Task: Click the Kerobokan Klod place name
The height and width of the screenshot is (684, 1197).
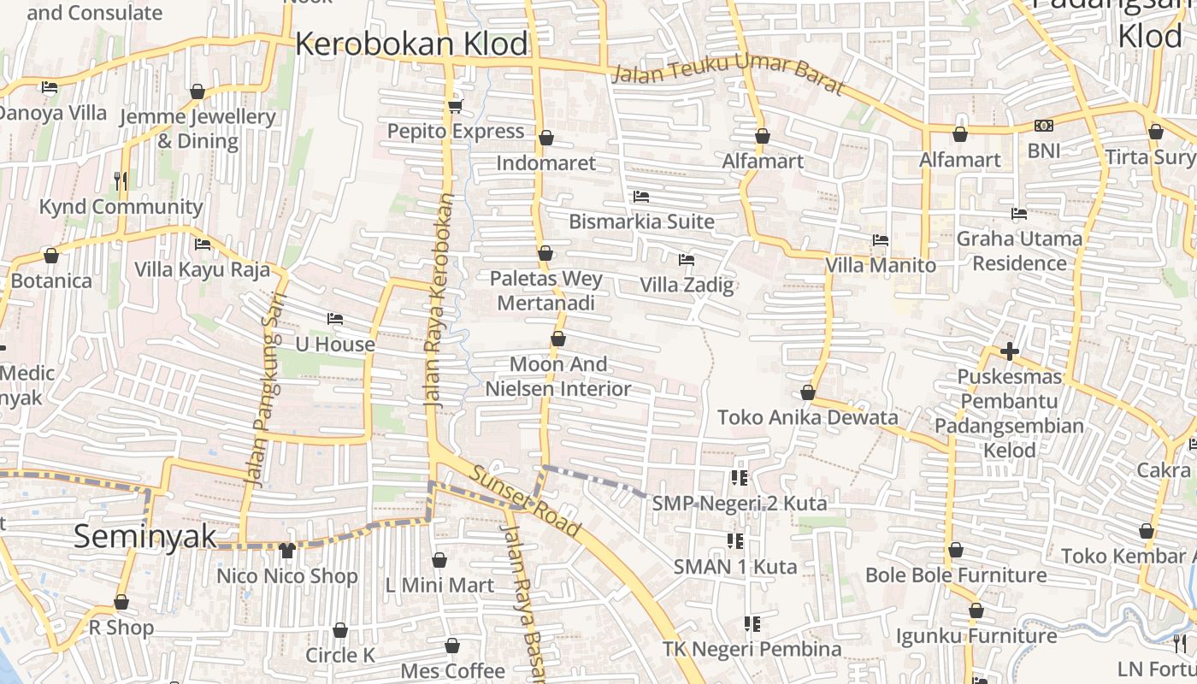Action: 412,44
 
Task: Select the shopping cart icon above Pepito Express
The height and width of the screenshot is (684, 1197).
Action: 455,106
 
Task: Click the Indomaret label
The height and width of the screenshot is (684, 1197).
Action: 545,162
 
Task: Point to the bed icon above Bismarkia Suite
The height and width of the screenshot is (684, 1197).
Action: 641,197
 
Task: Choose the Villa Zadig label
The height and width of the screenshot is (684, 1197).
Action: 687,285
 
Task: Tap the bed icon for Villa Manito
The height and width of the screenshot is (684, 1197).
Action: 881,240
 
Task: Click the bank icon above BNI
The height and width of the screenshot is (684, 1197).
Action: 1043,126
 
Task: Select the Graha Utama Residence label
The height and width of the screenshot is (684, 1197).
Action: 1019,251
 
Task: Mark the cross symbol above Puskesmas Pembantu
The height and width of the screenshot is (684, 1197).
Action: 1010,351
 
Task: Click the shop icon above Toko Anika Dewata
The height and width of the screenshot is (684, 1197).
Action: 807,392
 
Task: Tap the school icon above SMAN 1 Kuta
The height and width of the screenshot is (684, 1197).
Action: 734,540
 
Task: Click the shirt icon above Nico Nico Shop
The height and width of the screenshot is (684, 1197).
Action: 286,550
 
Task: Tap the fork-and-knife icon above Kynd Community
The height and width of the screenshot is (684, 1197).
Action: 121,180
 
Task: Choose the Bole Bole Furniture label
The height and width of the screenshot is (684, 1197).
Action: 956,575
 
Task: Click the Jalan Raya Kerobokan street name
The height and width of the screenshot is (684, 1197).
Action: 438,299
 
